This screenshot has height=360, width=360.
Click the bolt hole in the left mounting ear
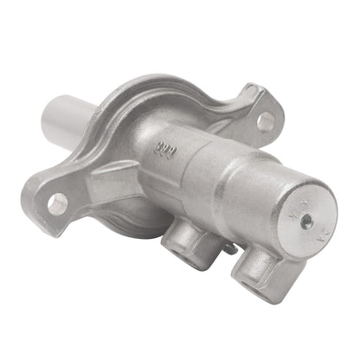tap(57, 204)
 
